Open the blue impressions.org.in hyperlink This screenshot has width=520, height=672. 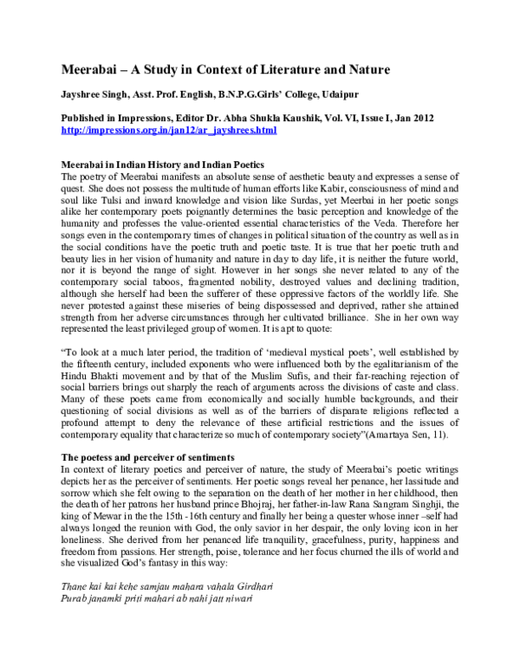point(168,129)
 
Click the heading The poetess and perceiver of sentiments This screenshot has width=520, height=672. point(149,456)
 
